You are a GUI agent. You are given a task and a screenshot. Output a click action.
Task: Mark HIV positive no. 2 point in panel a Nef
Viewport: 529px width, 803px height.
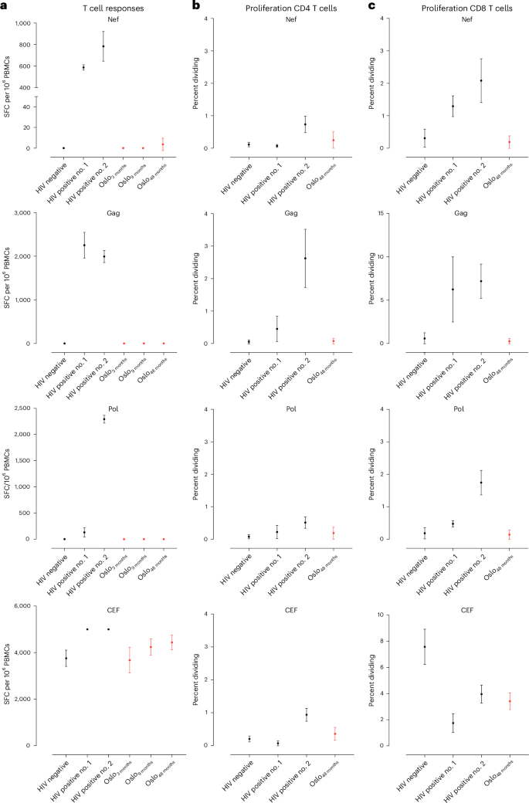click(x=103, y=46)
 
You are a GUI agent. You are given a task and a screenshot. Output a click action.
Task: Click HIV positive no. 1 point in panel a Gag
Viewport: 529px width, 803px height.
click(x=83, y=245)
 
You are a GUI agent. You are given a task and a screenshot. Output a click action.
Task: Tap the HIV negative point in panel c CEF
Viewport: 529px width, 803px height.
click(x=424, y=646)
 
